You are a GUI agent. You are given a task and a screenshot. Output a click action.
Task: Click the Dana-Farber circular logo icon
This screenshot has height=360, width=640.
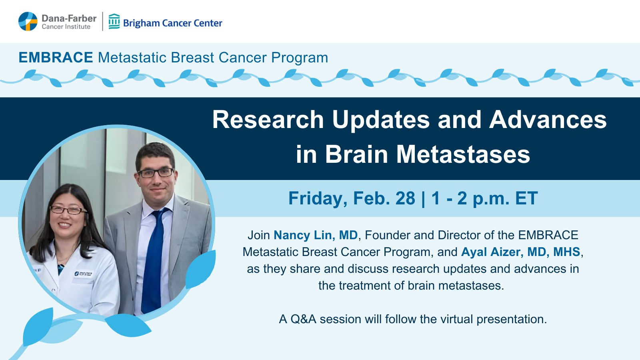pos(28,22)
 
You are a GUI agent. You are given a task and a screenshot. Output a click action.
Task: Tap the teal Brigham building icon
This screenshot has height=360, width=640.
pos(114,22)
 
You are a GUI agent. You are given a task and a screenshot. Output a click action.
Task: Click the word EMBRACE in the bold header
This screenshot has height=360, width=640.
pos(56,58)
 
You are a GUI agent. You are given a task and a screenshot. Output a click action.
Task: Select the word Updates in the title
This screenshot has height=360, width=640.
pos(381,120)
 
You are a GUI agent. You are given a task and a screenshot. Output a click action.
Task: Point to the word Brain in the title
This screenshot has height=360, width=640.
pos(356,154)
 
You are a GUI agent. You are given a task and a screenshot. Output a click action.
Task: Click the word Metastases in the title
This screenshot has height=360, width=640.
pos(463,154)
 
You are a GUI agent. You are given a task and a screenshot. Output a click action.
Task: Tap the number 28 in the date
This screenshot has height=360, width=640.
pos(405,198)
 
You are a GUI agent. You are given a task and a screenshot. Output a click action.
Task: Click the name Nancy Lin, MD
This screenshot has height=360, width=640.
pos(316,235)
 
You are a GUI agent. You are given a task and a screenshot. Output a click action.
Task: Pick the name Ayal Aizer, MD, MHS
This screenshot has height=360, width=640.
pos(520,252)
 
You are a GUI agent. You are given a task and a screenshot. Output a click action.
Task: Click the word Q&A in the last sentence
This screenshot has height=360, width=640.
pos(304,319)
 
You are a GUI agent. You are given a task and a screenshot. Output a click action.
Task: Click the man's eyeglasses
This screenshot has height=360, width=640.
pos(156,173)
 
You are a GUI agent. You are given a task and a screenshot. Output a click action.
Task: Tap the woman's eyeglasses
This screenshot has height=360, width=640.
pos(68,210)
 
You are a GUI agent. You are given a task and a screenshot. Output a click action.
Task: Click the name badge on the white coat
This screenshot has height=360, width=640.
pos(84,274)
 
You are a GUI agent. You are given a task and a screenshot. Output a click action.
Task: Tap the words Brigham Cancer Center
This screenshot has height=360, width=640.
pos(172,23)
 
